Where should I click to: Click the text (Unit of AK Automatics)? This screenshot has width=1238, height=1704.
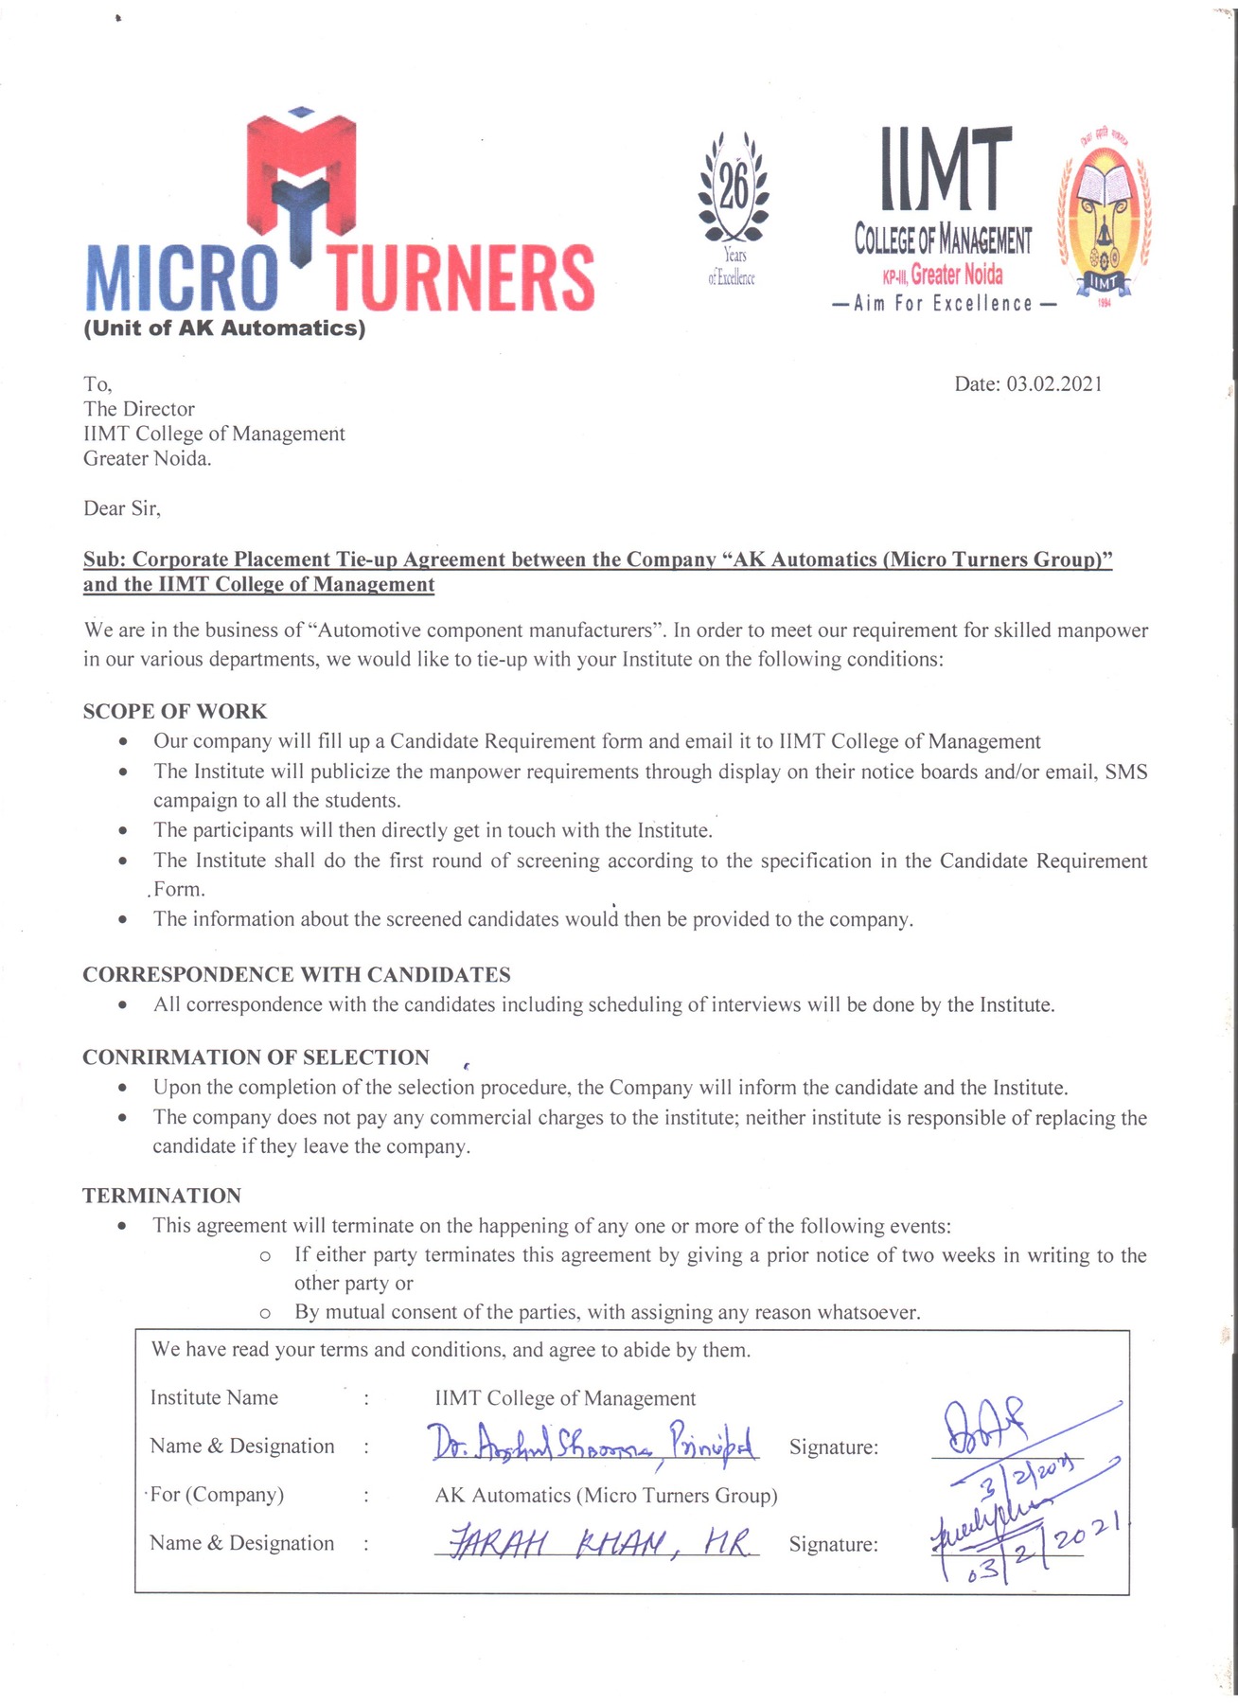(224, 328)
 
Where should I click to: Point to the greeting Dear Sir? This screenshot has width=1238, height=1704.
(122, 508)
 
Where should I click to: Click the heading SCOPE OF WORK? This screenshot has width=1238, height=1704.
(175, 711)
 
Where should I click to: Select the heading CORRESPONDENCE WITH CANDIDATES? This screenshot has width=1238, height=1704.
(296, 974)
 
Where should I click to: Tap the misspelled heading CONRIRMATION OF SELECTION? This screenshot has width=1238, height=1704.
(256, 1056)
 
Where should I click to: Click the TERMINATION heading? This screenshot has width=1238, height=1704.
(162, 1195)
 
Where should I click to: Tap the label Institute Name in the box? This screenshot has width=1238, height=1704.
(214, 1397)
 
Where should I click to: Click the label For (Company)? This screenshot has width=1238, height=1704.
(217, 1494)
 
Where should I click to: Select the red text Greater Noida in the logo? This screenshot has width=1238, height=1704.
(956, 275)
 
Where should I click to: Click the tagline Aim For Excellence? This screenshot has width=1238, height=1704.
(943, 304)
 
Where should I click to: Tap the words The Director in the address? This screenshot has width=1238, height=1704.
(139, 409)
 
